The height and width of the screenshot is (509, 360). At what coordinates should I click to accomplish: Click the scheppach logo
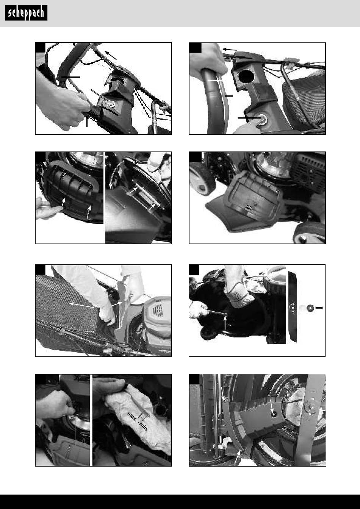pos(26,13)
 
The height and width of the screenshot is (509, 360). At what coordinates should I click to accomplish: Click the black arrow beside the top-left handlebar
pos(111,55)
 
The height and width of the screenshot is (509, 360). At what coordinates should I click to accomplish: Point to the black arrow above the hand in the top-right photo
pos(230,49)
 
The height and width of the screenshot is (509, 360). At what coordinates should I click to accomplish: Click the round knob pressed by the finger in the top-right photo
pos(263,118)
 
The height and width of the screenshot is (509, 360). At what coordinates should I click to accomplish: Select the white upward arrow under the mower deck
pos(225,323)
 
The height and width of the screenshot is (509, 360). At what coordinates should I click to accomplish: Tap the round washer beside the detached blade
pos(310,308)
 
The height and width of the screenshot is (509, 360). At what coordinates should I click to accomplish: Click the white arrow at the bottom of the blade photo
pos(238,456)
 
